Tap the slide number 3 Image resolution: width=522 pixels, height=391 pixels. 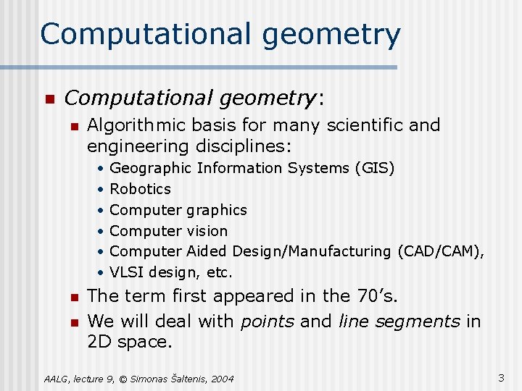click(x=501, y=377)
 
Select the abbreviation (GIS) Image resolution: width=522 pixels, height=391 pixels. click(x=375, y=168)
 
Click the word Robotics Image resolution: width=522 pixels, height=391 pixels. click(x=140, y=189)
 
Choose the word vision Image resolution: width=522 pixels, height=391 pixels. click(x=209, y=231)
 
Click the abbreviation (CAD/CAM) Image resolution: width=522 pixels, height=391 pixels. click(x=441, y=251)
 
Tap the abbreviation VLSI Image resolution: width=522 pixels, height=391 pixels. click(x=126, y=272)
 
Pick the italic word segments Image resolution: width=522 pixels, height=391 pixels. click(x=423, y=321)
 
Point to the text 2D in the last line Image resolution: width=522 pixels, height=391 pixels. click(x=100, y=342)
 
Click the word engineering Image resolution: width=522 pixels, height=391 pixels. click(x=138, y=146)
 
